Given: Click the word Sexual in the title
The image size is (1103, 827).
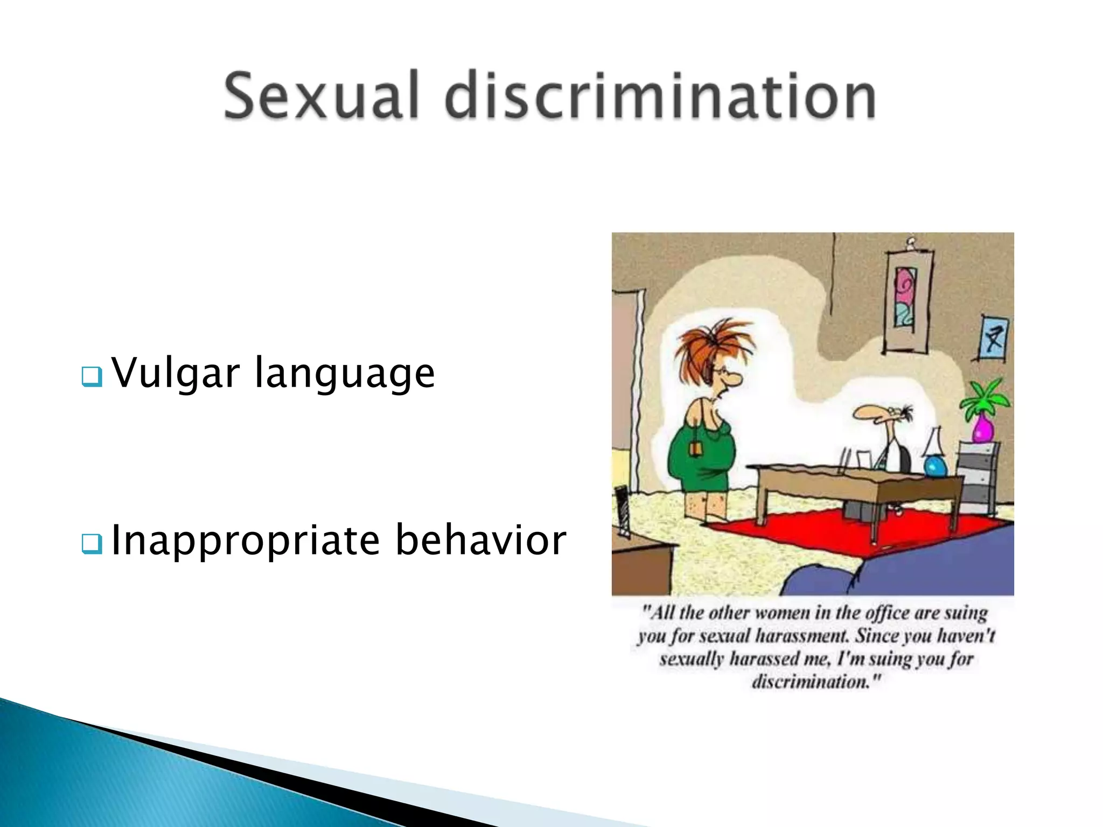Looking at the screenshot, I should click(x=321, y=96).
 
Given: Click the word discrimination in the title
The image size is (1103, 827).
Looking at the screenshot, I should click(x=660, y=96).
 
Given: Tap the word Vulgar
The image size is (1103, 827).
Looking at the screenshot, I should click(x=175, y=373).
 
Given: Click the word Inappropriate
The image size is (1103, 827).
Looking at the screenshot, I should click(x=246, y=541).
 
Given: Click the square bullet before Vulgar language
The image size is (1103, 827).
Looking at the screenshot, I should click(x=92, y=377).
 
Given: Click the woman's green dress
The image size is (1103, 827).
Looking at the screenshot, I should click(x=700, y=458).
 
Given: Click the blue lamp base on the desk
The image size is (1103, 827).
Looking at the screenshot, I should click(x=936, y=466).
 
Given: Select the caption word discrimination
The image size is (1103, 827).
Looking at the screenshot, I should click(x=814, y=683).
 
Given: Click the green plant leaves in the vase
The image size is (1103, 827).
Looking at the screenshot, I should click(x=986, y=398).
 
